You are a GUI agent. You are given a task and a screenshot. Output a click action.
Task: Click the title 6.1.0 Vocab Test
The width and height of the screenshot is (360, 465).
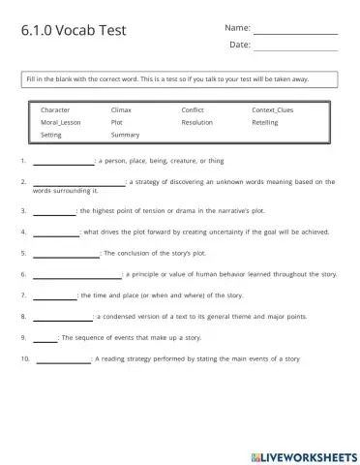tap(73, 30)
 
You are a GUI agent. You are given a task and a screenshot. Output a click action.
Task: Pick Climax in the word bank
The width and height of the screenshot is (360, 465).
tap(122, 110)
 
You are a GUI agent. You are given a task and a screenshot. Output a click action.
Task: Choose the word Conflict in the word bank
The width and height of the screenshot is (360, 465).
tap(193, 110)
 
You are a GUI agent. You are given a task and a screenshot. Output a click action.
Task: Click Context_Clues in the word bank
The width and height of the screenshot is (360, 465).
tap(272, 110)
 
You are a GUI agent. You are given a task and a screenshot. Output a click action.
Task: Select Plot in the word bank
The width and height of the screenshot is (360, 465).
tap(117, 123)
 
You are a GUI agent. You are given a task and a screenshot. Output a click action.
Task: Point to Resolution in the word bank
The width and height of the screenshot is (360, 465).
tap(197, 123)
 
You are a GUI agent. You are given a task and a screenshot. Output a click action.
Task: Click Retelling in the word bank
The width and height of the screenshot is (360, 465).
tap(265, 123)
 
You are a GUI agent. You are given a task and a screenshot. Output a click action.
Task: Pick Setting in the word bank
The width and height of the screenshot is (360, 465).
tap(52, 136)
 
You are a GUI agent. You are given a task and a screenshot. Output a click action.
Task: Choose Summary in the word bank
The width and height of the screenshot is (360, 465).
tap(125, 136)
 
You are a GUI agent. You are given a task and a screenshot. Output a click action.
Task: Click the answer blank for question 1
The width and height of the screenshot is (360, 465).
tap(63, 162)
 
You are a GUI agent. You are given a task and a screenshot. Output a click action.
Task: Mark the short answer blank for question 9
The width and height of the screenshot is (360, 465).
tap(45, 339)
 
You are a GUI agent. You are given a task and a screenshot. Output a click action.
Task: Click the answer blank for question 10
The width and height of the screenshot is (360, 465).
tap(63, 360)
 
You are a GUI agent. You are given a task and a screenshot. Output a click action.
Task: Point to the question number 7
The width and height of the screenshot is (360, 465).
tap(22, 295)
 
